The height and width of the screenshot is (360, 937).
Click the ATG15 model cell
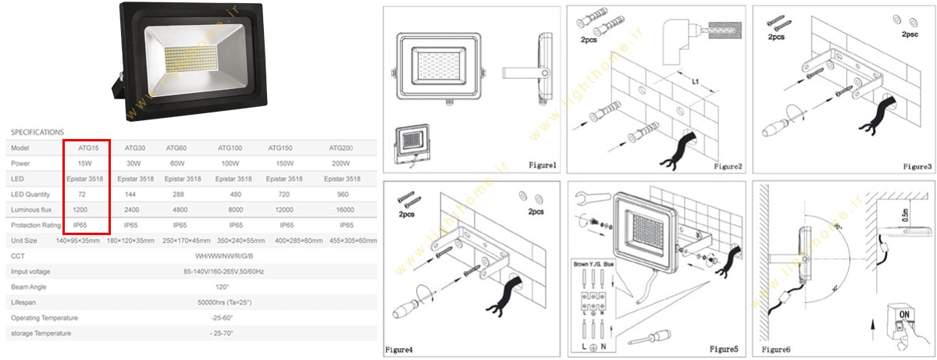[x=87, y=148]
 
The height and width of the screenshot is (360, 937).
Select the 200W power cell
[x=341, y=163]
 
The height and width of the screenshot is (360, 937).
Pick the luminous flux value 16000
[x=341, y=209]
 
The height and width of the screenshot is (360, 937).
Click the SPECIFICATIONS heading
[x=37, y=132]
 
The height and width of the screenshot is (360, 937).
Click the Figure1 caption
[x=542, y=166]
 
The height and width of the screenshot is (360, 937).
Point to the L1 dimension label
[x=694, y=80]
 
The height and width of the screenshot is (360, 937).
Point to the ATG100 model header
[x=230, y=148]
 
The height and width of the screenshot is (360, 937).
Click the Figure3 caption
[x=917, y=166]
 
